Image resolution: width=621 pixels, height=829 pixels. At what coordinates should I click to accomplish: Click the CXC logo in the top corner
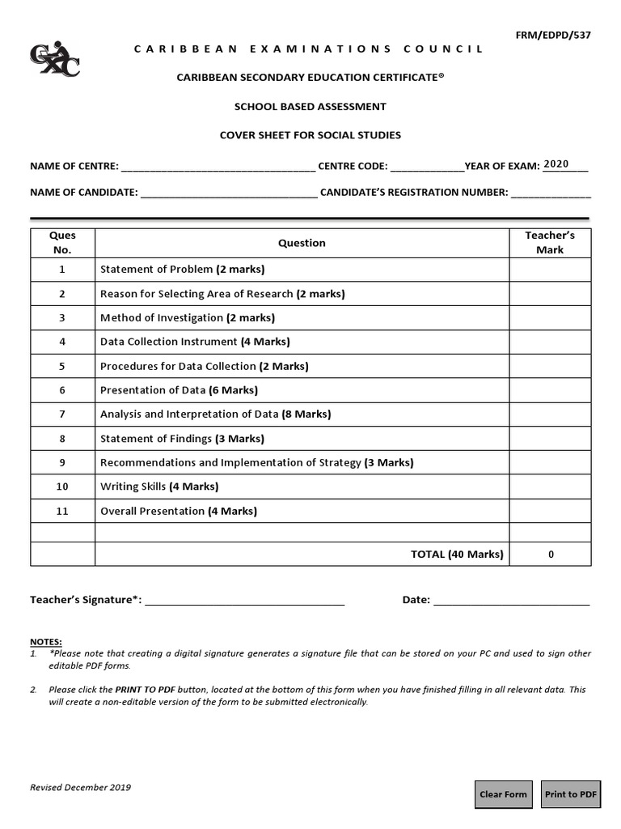tap(54, 60)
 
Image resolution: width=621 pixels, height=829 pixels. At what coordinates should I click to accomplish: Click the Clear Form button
tap(503, 794)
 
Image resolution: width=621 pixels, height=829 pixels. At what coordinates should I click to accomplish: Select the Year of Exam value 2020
tap(556, 164)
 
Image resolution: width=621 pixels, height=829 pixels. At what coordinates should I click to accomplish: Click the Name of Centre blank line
tap(218, 168)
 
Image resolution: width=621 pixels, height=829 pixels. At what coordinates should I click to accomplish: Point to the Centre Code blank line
tap(427, 168)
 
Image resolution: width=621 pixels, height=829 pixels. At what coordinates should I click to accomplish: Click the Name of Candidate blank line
tap(229, 194)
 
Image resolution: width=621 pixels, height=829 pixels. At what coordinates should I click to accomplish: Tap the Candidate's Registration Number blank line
tap(551, 194)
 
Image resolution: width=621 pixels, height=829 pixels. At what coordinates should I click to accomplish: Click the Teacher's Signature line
tap(244, 602)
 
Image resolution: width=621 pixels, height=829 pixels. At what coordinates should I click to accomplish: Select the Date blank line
tap(511, 602)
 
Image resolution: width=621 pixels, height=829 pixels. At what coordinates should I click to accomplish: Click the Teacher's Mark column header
tap(550, 243)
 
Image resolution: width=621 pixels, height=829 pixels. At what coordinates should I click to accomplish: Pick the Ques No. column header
tap(62, 243)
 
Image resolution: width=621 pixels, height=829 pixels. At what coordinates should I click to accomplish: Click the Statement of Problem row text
tap(182, 269)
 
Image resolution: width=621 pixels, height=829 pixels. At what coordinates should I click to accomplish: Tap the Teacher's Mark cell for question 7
tap(550, 414)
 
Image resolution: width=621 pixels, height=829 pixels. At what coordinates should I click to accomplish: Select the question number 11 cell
tap(62, 511)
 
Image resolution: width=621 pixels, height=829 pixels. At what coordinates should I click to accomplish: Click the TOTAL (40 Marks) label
tap(457, 554)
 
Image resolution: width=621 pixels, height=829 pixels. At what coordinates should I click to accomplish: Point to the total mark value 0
tap(551, 555)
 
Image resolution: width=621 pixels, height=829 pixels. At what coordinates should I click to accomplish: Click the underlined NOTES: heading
tap(45, 641)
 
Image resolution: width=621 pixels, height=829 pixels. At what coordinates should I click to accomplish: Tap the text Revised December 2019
tap(80, 787)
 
